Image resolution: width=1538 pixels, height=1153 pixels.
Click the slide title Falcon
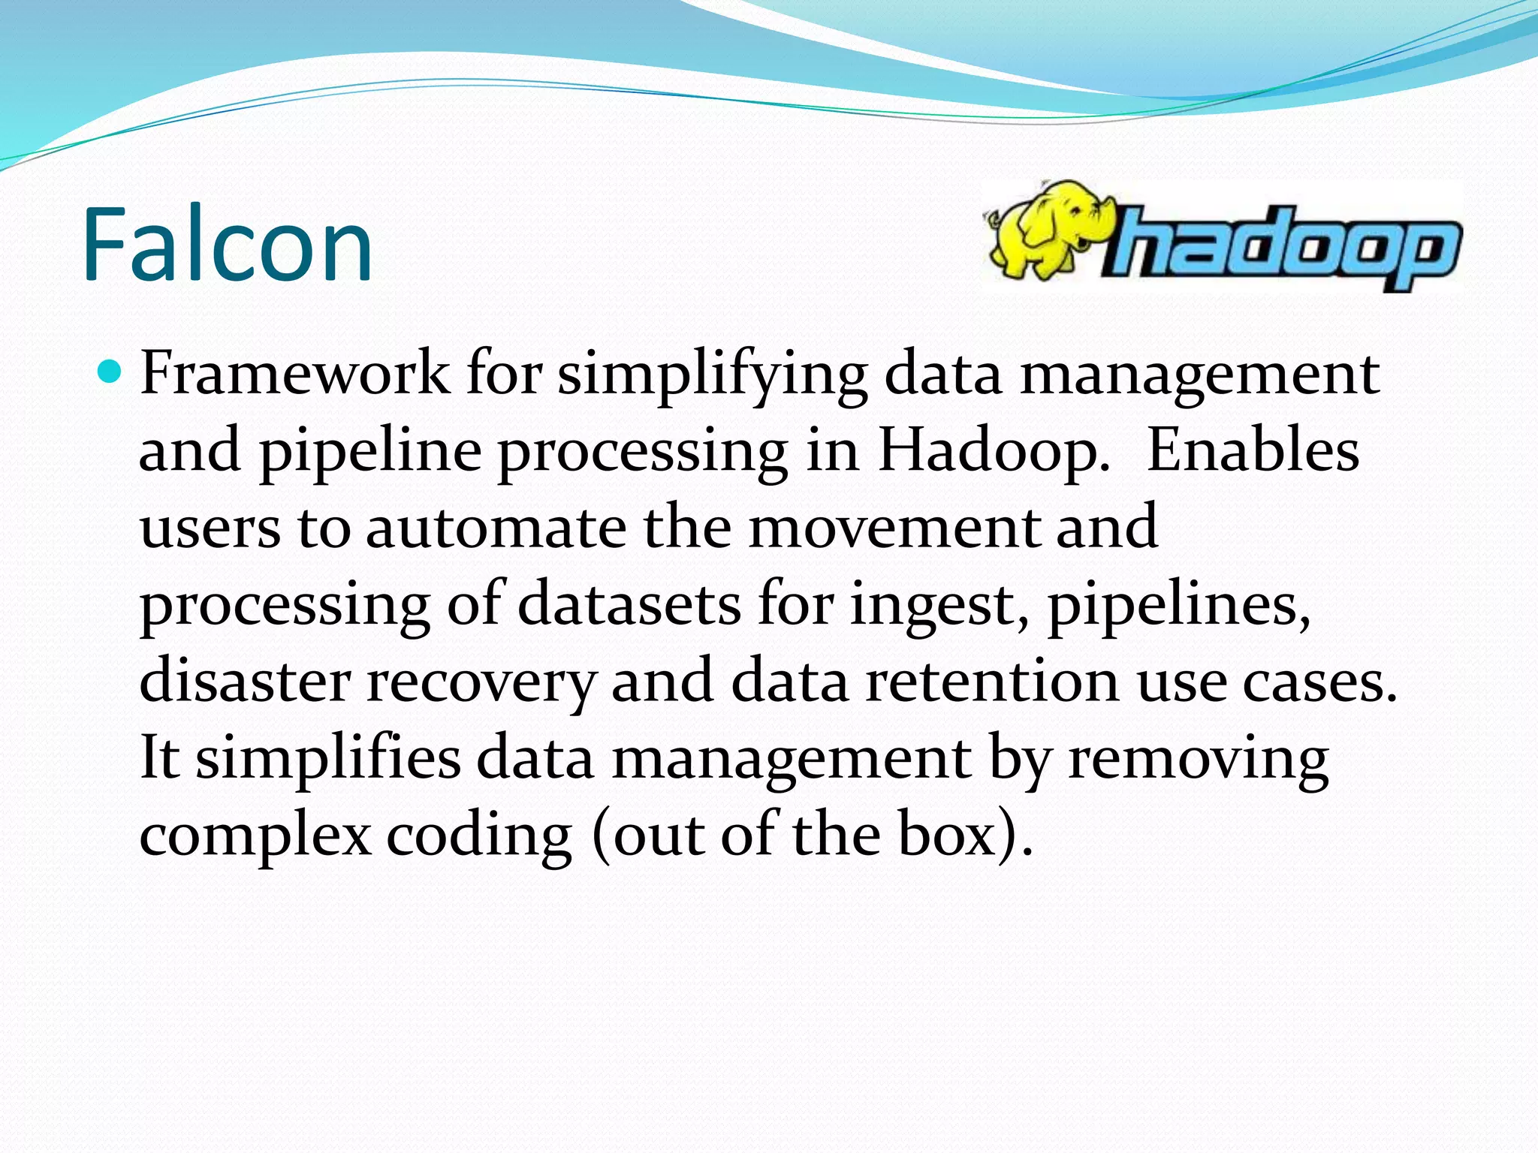pos(228,244)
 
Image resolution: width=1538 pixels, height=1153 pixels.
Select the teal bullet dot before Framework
pos(110,371)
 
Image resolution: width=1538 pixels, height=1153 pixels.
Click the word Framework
pos(295,372)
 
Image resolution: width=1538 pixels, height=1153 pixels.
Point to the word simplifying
pos(712,374)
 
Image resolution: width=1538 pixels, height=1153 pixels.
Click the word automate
pos(496,528)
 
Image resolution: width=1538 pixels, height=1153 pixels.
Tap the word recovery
pos(481,682)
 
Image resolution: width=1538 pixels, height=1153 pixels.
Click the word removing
pos(1198,759)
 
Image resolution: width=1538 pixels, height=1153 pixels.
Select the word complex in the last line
pos(255,836)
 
